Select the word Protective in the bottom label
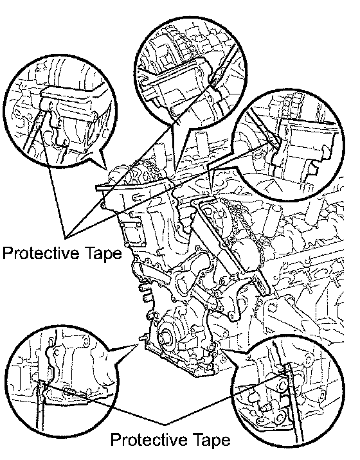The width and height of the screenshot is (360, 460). [x=150, y=439]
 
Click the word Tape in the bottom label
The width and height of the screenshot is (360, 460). [x=212, y=439]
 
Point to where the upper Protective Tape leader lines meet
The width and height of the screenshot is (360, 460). [x=66, y=236]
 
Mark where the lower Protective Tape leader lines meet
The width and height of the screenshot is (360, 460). [x=165, y=424]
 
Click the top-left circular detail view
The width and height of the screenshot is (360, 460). [x=60, y=112]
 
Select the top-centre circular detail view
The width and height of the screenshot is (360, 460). [x=190, y=72]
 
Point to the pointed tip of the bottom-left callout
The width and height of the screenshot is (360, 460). [x=138, y=346]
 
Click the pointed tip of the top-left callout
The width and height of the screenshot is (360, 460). [x=107, y=170]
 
